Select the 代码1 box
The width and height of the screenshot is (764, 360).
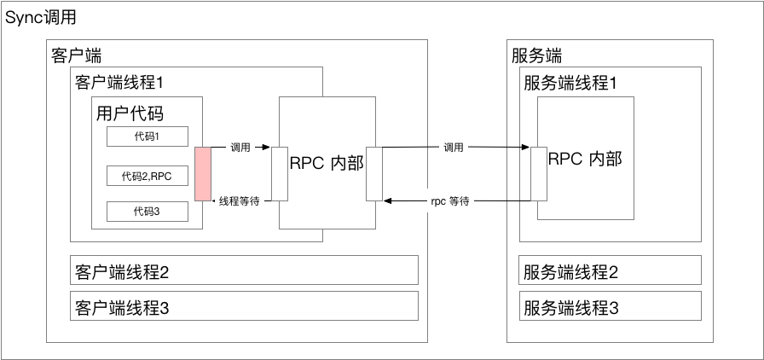click(x=146, y=136)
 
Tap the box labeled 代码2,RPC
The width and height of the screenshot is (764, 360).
click(x=146, y=176)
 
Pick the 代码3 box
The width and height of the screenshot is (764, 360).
click(x=146, y=211)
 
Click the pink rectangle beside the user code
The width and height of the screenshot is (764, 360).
click(x=203, y=174)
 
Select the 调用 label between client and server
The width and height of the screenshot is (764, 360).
click(x=454, y=148)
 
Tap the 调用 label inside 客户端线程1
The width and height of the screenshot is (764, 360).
click(x=240, y=148)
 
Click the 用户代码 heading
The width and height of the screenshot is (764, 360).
click(x=130, y=113)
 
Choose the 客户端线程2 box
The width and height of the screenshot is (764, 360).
click(x=243, y=271)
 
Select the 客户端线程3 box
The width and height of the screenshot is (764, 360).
click(x=243, y=306)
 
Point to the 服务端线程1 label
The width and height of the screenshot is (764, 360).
click(x=570, y=83)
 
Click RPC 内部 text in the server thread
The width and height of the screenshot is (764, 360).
click(x=585, y=159)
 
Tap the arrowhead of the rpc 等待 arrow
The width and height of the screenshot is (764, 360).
click(x=388, y=200)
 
